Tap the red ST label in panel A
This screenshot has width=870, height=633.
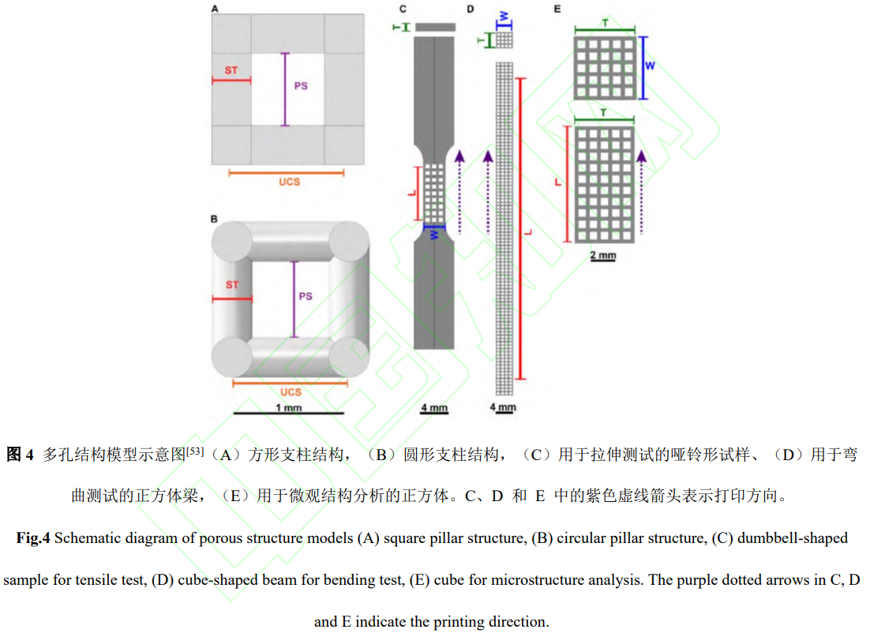pos(231,71)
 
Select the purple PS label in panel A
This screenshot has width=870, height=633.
pos(301,85)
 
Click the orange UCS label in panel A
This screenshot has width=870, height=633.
pos(290,182)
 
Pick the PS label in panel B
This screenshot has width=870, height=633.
pos(306,296)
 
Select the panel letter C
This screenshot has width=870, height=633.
pos(403,9)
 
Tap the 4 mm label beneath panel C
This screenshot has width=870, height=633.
pos(434,408)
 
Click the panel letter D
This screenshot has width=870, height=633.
pos(471,9)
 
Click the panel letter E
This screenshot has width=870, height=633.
pos(557,9)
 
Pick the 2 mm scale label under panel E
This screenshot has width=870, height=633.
pos(603,256)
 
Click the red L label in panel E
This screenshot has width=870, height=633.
pos(558,183)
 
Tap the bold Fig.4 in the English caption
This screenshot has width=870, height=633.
pos(34,538)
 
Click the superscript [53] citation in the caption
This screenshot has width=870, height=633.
pos(195,451)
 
